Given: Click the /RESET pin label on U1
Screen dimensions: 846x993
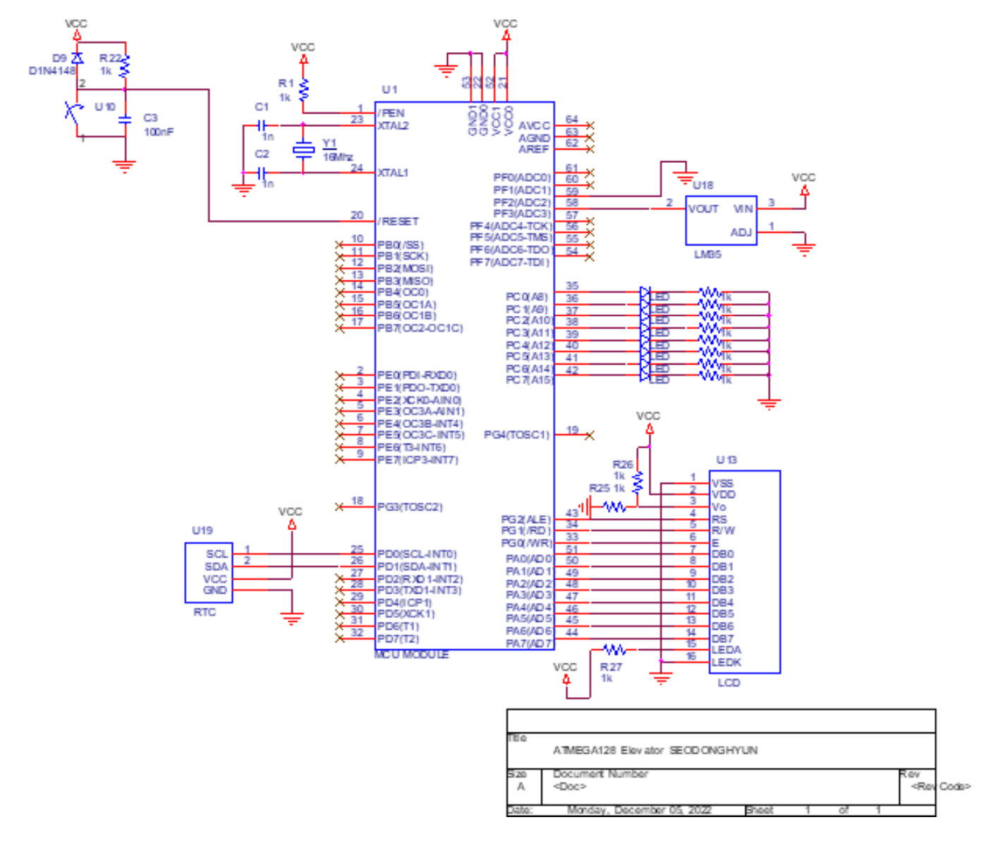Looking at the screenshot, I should click(398, 221).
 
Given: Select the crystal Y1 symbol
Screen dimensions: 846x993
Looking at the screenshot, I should click(303, 149).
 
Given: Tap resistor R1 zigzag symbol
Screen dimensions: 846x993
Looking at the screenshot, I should click(303, 90).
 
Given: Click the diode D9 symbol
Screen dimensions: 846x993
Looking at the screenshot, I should click(78, 59).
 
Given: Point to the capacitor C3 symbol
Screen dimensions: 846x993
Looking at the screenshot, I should click(125, 120).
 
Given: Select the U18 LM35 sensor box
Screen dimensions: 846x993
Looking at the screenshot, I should click(721, 221).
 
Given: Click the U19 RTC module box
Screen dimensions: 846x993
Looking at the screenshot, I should click(209, 572).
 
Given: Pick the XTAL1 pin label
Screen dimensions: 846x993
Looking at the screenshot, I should click(393, 173).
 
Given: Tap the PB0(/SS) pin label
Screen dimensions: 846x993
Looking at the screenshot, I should click(400, 245).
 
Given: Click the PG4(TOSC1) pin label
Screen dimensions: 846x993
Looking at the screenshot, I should click(516, 435).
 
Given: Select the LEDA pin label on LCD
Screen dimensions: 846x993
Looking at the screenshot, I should click(726, 650).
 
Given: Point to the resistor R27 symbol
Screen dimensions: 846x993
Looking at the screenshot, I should click(614, 649).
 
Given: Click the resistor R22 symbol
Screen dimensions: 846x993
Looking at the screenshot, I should click(125, 67).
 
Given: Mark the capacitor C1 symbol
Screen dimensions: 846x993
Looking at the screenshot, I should click(261, 125).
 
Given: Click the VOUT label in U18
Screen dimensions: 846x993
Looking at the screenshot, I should click(703, 209).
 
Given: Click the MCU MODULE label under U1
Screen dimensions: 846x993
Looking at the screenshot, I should click(411, 655).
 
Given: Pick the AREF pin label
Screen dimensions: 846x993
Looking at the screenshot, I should click(534, 149).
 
